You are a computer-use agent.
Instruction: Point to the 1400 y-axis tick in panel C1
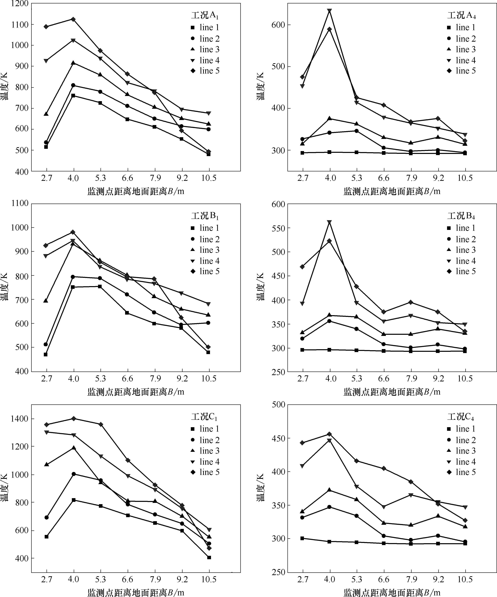pyautogui.click(x=19, y=419)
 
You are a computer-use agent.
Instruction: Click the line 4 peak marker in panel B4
pyautogui.click(x=329, y=222)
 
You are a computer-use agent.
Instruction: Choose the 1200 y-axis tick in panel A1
pyautogui.click(x=19, y=4)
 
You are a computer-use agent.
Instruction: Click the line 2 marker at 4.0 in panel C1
pyautogui.click(x=74, y=474)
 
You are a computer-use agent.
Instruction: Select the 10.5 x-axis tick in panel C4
pyautogui.click(x=465, y=579)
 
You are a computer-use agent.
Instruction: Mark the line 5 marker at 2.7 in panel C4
pyautogui.click(x=302, y=443)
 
